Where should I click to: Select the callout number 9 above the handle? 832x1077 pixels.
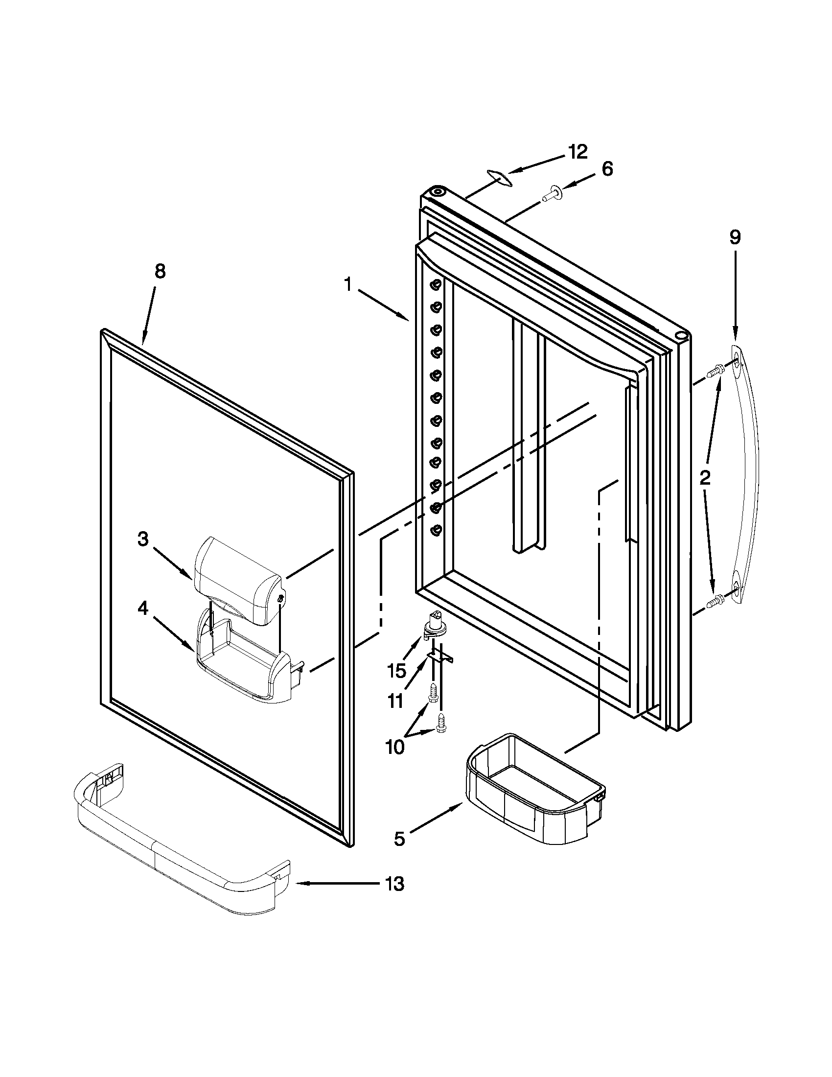735,238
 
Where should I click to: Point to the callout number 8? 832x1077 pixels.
160,271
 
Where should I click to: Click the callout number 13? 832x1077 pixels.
395,884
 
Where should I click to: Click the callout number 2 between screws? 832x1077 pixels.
705,477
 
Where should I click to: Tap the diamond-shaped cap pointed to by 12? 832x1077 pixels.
498,177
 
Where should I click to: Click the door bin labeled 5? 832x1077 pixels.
535,789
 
